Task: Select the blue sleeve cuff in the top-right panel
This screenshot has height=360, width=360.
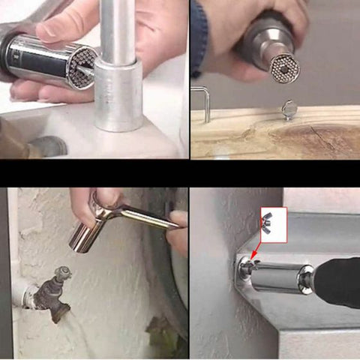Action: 198,37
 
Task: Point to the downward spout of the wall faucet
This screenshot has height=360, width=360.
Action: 58,307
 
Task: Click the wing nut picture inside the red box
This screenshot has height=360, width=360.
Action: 271,223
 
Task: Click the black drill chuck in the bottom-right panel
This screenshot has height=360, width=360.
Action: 337,282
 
